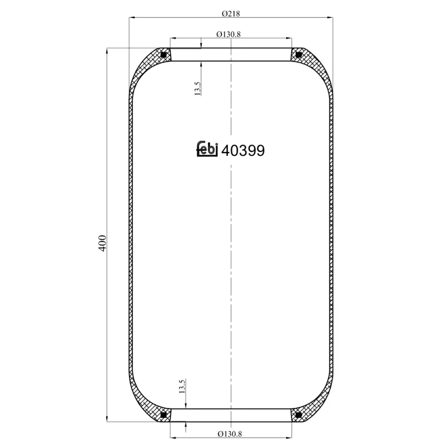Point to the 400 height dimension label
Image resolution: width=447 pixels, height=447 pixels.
[x=102, y=243]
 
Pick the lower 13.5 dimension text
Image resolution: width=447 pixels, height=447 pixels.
[x=182, y=387]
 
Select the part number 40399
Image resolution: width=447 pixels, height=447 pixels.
[x=243, y=150]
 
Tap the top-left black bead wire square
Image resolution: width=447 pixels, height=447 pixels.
[x=163, y=55]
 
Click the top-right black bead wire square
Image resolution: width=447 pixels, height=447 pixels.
[x=298, y=55]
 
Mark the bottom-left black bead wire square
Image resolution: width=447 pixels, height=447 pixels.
[x=163, y=415]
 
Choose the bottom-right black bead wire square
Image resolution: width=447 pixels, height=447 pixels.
[x=298, y=415]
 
